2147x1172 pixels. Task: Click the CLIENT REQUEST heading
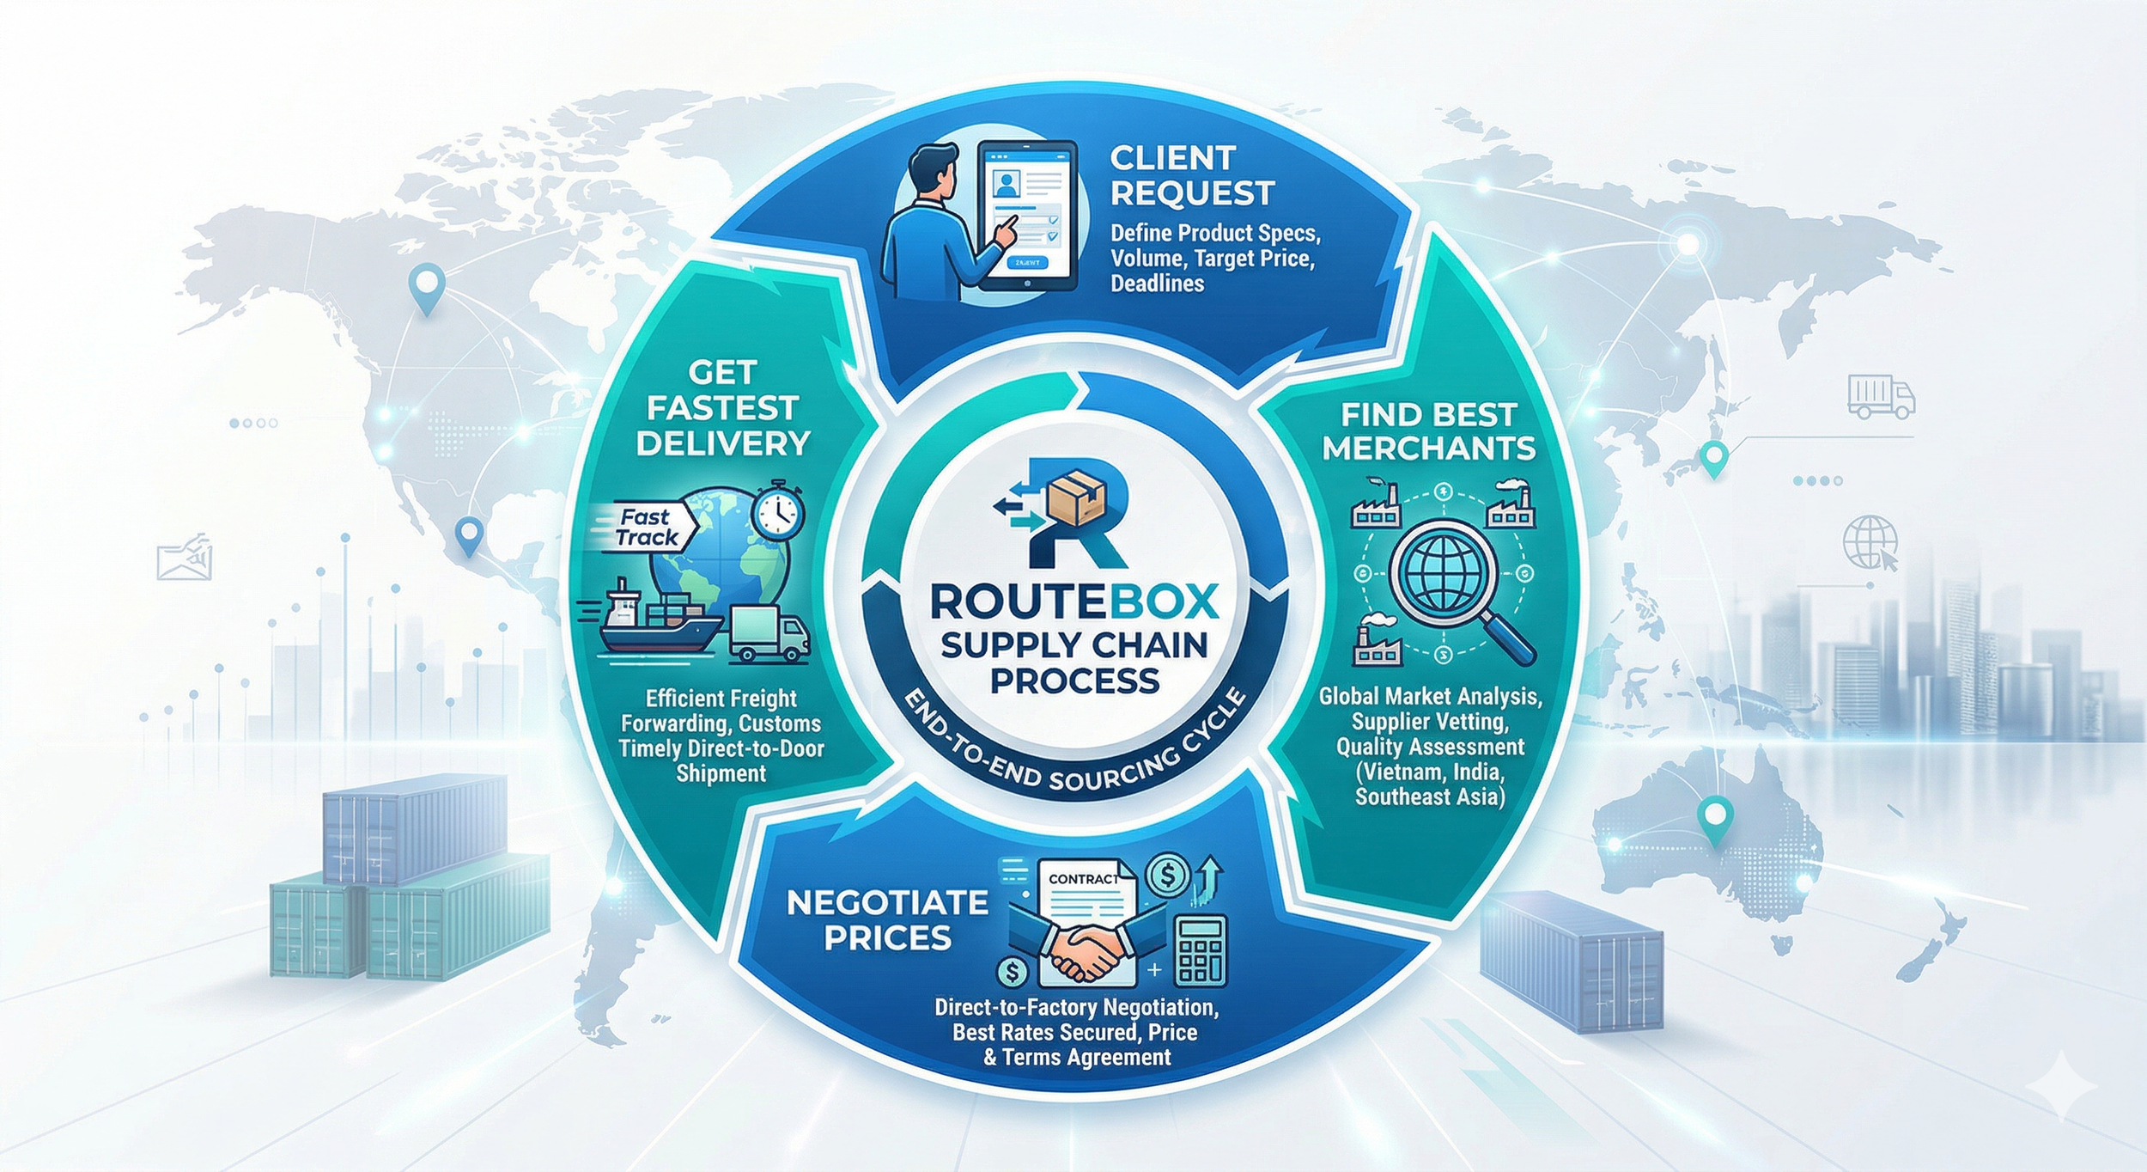click(x=1192, y=176)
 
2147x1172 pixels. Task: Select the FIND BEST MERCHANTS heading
click(x=1429, y=431)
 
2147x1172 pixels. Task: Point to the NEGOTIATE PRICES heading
click(x=887, y=920)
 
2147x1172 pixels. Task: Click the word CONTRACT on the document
click(x=1084, y=879)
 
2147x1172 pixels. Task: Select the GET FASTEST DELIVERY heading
click(x=723, y=407)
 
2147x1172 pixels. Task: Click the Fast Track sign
click(x=646, y=528)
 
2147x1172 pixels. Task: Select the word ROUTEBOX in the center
click(x=1073, y=602)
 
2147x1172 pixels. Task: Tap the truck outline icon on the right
click(x=1881, y=398)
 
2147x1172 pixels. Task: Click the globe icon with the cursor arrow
click(x=1871, y=542)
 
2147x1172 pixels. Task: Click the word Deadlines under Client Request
click(x=1157, y=284)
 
